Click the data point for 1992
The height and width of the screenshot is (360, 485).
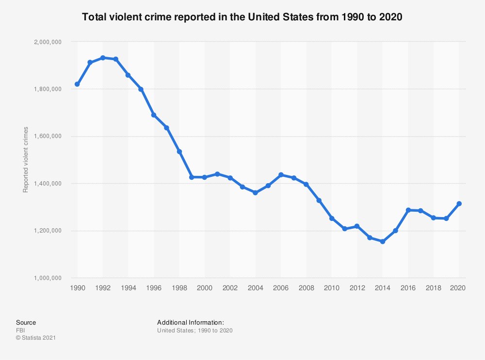[x=102, y=58]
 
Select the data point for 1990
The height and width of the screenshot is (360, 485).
[x=77, y=84]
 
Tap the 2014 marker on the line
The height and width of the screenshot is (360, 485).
[x=383, y=241]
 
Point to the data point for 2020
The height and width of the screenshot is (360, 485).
[x=459, y=203]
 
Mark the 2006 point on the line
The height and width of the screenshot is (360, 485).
[x=281, y=174]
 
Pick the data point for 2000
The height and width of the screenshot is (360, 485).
[x=204, y=177]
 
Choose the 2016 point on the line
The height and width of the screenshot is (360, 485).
[x=408, y=210]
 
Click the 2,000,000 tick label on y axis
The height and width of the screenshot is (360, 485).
[x=47, y=42]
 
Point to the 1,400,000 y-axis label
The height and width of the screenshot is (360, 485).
[x=47, y=184]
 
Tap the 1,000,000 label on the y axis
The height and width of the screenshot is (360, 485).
[x=47, y=278]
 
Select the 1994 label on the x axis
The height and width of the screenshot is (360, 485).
[x=128, y=287]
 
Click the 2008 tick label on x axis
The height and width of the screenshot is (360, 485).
[x=306, y=287]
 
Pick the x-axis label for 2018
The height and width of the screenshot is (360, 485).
[x=433, y=287]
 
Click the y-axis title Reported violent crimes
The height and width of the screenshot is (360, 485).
[x=26, y=160]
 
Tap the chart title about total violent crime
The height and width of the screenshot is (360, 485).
[x=242, y=17]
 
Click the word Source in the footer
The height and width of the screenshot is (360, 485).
[x=26, y=323]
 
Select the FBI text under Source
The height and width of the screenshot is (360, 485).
[x=20, y=330]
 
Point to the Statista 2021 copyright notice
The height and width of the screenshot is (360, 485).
[x=36, y=338]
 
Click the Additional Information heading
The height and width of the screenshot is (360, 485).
[x=190, y=323]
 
